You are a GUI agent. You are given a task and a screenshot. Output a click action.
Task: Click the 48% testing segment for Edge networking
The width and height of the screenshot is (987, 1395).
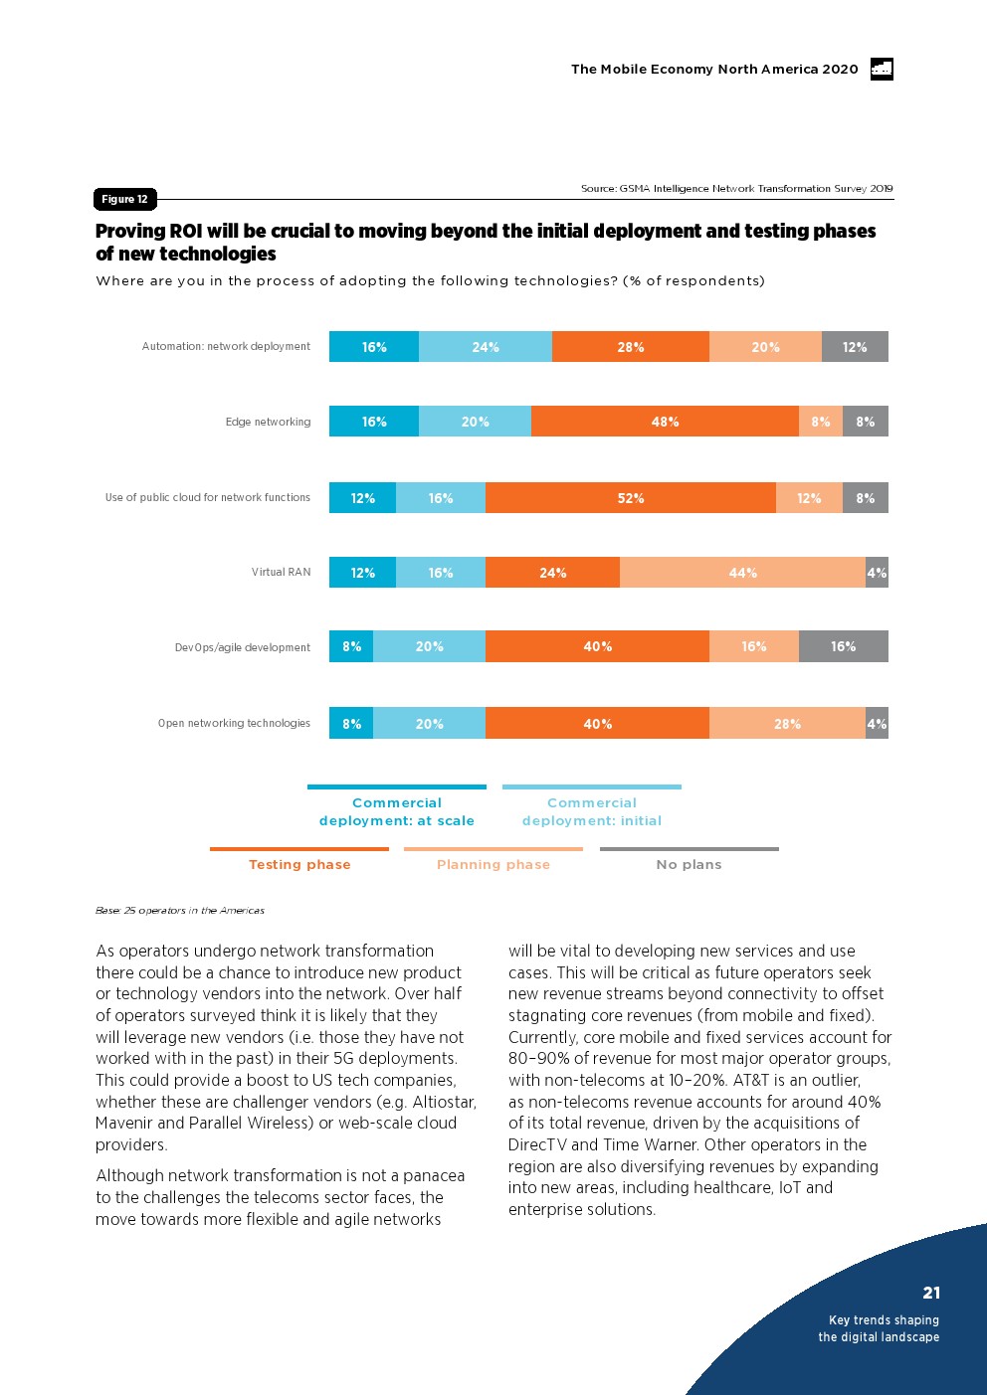(665, 422)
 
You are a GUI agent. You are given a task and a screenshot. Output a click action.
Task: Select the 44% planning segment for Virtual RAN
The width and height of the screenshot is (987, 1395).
(742, 573)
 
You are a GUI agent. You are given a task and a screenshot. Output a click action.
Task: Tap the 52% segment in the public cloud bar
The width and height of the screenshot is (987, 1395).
(631, 498)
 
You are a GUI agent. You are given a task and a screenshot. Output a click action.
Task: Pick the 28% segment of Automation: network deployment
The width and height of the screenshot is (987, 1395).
(631, 347)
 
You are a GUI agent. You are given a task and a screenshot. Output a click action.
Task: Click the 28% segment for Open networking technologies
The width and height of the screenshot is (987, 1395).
(787, 724)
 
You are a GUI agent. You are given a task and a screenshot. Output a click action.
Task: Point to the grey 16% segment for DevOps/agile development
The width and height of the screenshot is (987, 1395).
(843, 646)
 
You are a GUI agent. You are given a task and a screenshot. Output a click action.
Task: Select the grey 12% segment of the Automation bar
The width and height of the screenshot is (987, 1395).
(855, 347)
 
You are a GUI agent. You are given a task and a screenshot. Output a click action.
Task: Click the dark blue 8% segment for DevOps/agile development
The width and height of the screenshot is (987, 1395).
(351, 646)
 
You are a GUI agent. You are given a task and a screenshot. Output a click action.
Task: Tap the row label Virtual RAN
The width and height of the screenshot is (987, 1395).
(281, 573)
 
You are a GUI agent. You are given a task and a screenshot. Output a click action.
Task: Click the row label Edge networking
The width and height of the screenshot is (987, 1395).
(268, 423)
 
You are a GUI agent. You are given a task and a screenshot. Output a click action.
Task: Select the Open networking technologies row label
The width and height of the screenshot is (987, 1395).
(234, 724)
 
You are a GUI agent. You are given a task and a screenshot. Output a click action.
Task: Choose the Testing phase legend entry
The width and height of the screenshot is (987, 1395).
(299, 864)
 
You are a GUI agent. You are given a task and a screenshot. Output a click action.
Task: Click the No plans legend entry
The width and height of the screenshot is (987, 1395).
(689, 864)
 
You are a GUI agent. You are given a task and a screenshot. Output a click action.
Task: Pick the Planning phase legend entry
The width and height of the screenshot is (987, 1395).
(493, 864)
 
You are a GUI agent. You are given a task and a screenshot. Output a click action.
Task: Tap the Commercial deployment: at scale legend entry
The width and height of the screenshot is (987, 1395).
(396, 811)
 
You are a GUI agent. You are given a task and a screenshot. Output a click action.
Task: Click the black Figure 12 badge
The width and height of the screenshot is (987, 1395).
(124, 199)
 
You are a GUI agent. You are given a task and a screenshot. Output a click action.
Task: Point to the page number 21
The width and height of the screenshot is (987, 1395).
(931, 1293)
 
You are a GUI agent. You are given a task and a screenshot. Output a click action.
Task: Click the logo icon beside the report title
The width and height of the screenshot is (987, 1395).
(882, 69)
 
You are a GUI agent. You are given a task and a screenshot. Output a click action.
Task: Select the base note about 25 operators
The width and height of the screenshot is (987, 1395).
(180, 910)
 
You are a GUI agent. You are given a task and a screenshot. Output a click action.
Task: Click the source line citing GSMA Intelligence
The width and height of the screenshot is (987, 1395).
(736, 188)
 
